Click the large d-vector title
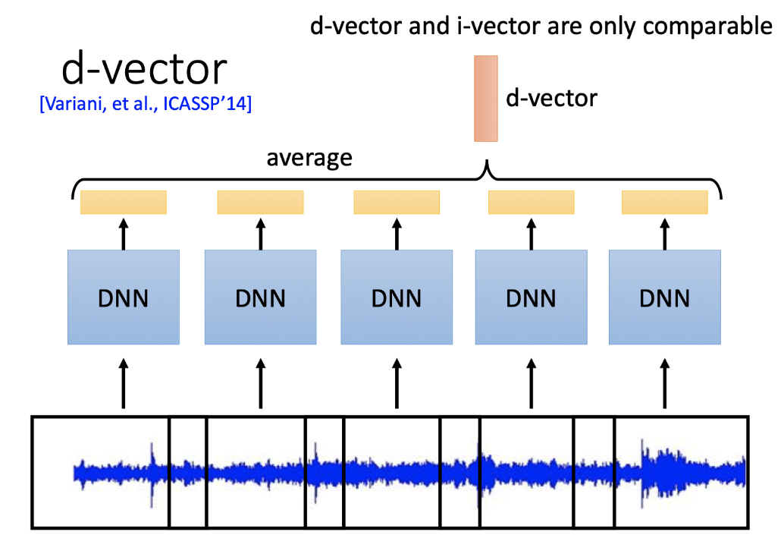click(x=144, y=70)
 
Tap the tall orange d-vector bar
click(x=485, y=98)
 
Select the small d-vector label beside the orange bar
click(x=551, y=98)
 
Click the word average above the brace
click(x=309, y=158)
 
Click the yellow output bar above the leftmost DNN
click(x=124, y=202)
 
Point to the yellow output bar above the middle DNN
click(x=397, y=202)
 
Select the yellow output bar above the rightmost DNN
click(x=664, y=202)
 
